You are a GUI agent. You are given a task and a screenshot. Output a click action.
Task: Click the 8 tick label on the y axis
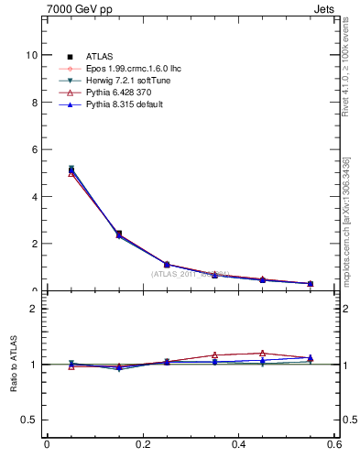[x=34, y=103]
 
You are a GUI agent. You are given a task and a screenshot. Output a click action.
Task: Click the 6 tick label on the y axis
[x=34, y=149]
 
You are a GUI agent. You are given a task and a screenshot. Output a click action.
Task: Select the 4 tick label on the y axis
[x=34, y=197]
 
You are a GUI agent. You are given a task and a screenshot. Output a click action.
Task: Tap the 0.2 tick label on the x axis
[x=142, y=444]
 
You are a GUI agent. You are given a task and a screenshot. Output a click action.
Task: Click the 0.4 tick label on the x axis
[x=238, y=444]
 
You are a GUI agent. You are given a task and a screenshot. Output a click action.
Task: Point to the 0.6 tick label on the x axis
[x=334, y=444]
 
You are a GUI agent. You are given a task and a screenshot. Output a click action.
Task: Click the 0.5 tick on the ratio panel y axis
[x=30, y=420]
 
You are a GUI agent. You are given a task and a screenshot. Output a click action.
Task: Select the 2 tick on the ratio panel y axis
[x=34, y=309]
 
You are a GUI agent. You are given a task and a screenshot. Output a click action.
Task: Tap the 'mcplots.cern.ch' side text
[x=351, y=220]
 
